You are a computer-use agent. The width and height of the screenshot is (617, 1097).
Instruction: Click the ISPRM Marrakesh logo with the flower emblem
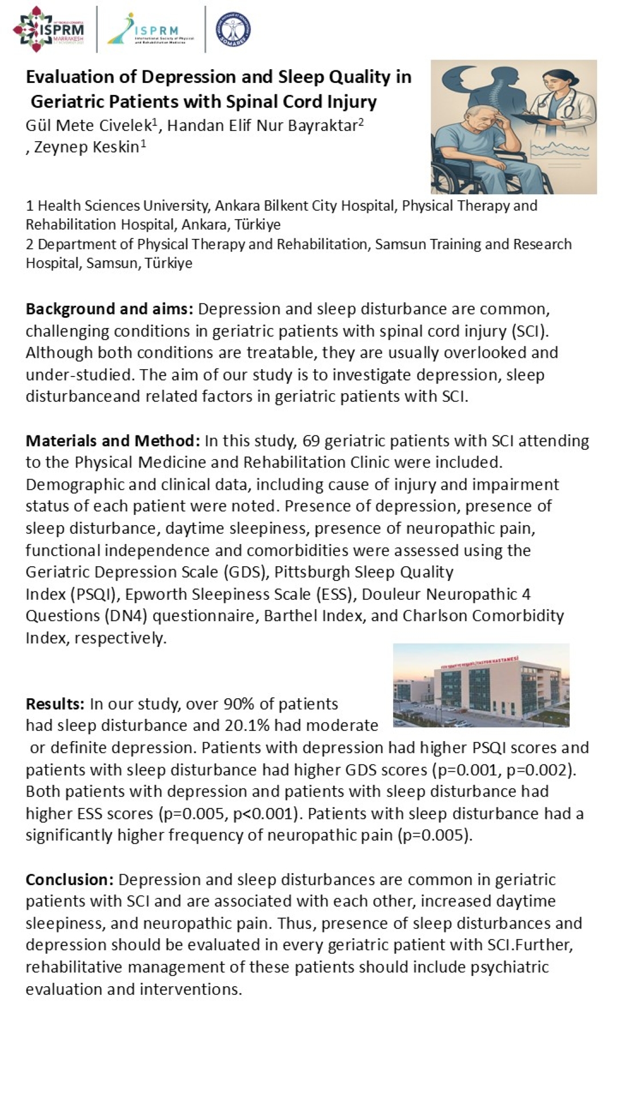49,29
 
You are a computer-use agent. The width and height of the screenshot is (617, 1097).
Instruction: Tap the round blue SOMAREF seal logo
233,29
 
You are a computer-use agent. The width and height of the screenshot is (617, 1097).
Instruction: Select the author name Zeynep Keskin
86,147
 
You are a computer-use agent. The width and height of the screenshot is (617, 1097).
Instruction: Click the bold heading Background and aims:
110,309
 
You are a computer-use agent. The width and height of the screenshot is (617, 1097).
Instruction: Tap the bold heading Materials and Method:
113,441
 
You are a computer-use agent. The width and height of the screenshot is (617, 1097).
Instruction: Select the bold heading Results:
55,704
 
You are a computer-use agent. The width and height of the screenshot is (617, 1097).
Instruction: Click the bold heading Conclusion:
70,879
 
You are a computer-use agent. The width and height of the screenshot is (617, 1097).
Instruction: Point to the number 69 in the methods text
311,441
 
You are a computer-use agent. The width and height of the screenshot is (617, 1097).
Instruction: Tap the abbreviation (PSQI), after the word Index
94,594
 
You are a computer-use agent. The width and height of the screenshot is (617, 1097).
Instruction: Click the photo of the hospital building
481,685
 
